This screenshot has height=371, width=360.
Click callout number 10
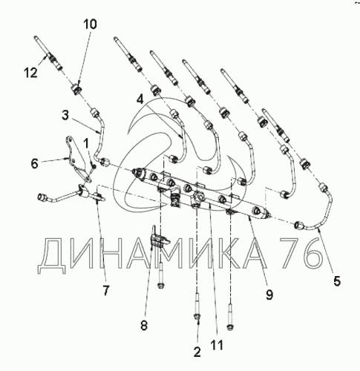pyautogui.click(x=90, y=24)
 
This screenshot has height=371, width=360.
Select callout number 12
pyautogui.click(x=31, y=73)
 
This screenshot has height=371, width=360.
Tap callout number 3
pyautogui.click(x=65, y=115)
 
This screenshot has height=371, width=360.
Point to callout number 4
pyautogui.click(x=140, y=99)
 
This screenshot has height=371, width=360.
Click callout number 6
pyautogui.click(x=35, y=163)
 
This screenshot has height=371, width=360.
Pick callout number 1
pyautogui.click(x=85, y=143)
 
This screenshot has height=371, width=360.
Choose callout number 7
pyautogui.click(x=105, y=290)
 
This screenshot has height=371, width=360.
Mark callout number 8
pyautogui.click(x=144, y=325)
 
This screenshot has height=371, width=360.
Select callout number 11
pyautogui.click(x=217, y=345)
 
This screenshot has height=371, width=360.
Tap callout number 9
pyautogui.click(x=269, y=295)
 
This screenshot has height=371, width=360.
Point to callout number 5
pyautogui.click(x=337, y=281)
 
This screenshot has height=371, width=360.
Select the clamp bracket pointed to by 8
pyautogui.click(x=159, y=239)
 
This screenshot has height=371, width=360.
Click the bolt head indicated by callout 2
pyautogui.click(x=197, y=317)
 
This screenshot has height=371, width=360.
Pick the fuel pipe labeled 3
pyautogui.click(x=99, y=139)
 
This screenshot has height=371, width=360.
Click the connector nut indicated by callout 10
pyautogui.click(x=76, y=90)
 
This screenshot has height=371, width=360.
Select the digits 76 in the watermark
pyautogui.click(x=301, y=253)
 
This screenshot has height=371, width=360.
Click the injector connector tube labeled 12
pyautogui.click(x=48, y=54)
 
